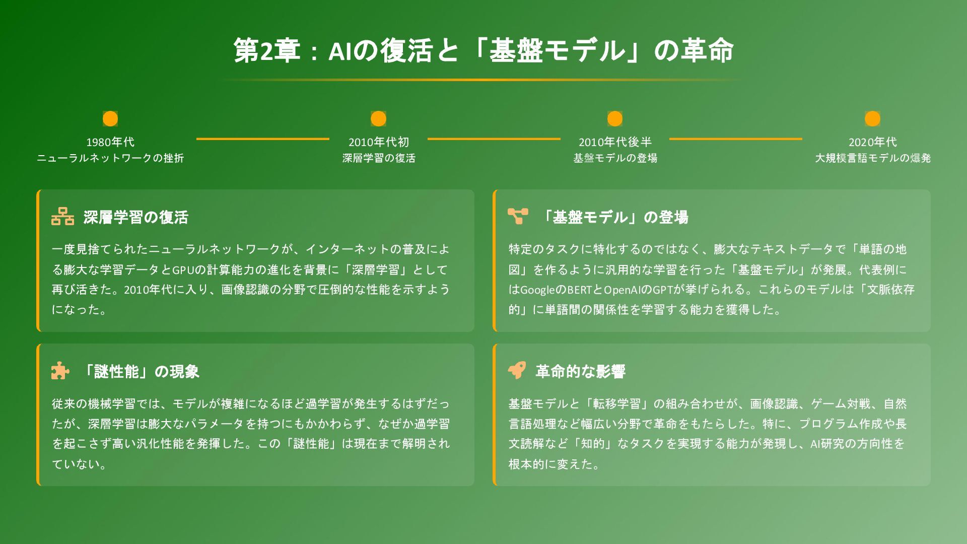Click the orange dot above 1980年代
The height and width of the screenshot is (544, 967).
tap(110, 119)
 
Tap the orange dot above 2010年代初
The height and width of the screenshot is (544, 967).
tap(378, 119)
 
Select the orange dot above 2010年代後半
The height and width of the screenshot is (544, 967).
tap(614, 119)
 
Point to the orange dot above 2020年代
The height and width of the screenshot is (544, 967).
tap(872, 119)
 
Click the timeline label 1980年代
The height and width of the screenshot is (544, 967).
tap(110, 142)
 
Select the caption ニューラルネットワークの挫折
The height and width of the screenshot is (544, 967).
tap(110, 158)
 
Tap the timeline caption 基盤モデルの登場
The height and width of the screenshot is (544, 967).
tap(615, 158)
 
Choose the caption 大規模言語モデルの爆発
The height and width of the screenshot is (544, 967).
tap(872, 158)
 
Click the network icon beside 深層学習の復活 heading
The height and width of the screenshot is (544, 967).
tap(62, 216)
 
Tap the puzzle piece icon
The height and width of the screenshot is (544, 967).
tap(60, 370)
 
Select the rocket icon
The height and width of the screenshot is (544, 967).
tap(517, 370)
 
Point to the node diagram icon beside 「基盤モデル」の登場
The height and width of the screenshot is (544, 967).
tap(518, 216)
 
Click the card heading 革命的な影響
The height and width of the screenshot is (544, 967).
tap(580, 372)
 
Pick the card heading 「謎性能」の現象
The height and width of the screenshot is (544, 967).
tap(141, 372)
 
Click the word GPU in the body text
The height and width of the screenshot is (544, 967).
tap(183, 270)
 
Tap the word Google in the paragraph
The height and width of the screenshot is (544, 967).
tap(537, 290)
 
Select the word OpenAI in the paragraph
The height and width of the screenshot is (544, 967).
tap(621, 290)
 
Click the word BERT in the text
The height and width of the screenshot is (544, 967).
tap(581, 290)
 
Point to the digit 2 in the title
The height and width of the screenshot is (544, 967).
tap(266, 50)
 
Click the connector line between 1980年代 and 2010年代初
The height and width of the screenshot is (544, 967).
tap(262, 139)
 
